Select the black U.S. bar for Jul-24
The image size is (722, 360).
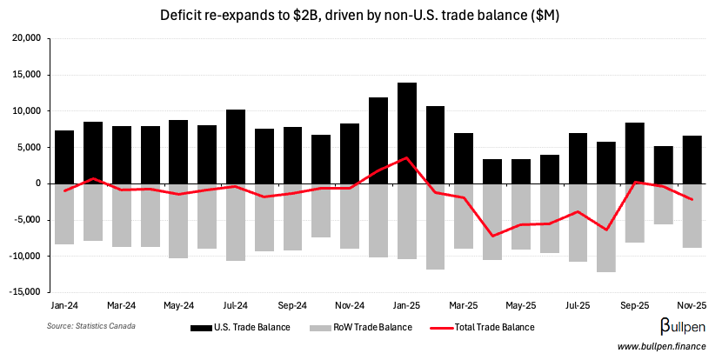tap(235, 146)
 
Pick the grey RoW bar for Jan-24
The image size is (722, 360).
tap(64, 214)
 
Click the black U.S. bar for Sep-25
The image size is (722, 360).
tap(634, 153)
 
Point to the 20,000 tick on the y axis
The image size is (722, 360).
tap(29, 38)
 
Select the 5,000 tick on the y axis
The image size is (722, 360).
tap(31, 147)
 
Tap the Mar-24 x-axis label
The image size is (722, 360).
tap(121, 306)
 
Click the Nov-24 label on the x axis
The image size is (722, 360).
tap(349, 306)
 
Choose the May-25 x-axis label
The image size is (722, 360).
tap(520, 306)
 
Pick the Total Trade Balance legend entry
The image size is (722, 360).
tap(485, 328)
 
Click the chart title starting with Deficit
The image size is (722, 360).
tap(361, 15)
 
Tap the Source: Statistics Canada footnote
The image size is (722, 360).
tap(91, 325)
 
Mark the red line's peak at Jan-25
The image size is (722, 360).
tap(406, 158)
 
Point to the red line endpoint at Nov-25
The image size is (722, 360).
tap(692, 199)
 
